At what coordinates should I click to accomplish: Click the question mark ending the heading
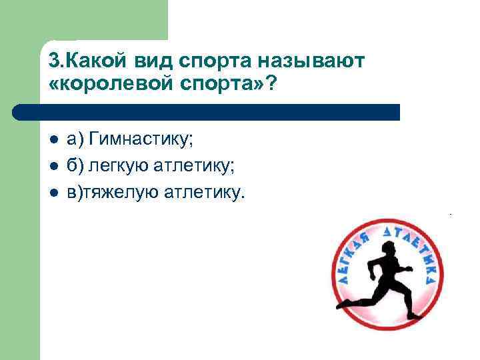(x=271, y=86)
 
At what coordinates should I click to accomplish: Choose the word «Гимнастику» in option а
(x=141, y=141)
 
